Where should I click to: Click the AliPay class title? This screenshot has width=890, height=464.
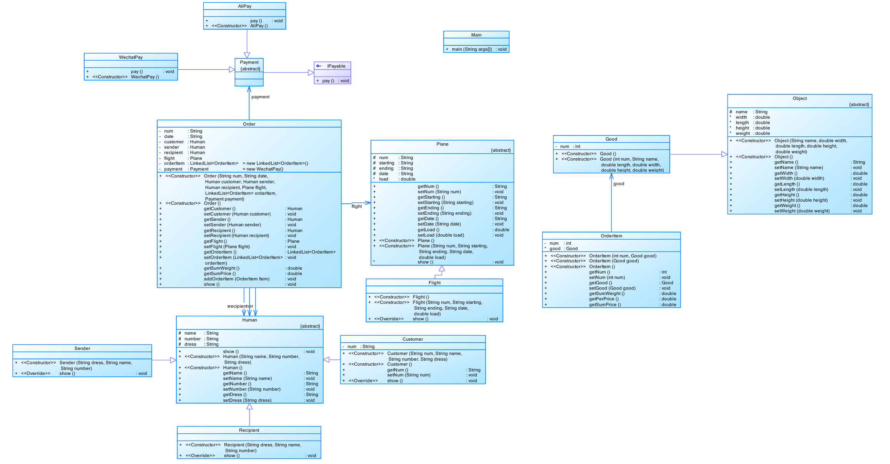click(244, 6)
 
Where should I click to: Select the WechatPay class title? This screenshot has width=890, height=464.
click(131, 57)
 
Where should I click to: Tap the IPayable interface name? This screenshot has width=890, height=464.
click(336, 66)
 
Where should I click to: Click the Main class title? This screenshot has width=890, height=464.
click(476, 35)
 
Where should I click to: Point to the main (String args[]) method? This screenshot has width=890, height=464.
click(472, 49)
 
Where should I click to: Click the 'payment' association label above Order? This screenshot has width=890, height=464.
click(260, 97)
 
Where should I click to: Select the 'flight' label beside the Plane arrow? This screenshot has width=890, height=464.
click(356, 206)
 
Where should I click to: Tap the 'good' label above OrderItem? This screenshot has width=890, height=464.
click(619, 184)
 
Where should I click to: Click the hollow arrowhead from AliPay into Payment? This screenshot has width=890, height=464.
click(247, 55)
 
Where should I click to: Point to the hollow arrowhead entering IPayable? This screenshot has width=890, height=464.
click(311, 73)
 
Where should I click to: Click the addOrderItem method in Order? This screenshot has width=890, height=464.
click(236, 279)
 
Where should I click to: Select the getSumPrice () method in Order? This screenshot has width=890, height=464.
click(219, 273)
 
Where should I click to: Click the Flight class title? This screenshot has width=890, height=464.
click(435, 283)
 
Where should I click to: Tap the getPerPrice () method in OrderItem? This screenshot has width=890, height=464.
click(604, 299)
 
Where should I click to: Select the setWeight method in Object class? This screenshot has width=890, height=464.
click(802, 211)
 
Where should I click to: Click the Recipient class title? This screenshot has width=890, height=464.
click(249, 430)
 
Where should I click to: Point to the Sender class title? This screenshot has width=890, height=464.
click(82, 348)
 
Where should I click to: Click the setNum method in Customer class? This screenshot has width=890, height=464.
click(408, 375)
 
